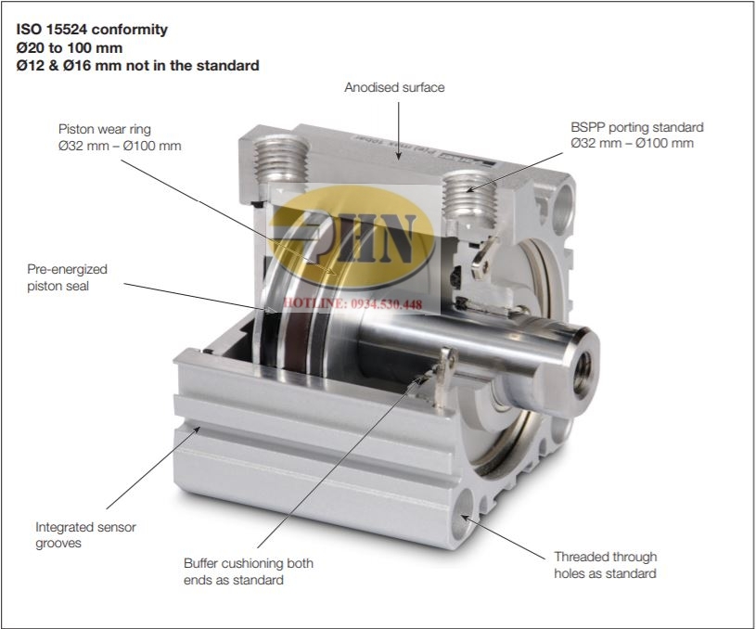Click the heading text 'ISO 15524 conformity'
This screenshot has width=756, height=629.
[92, 30]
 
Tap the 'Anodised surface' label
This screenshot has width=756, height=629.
[394, 87]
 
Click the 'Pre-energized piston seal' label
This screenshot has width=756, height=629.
[67, 277]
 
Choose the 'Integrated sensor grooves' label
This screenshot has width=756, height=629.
[85, 535]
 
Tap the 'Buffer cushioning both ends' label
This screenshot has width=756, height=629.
[249, 571]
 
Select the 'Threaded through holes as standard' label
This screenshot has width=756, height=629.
[605, 565]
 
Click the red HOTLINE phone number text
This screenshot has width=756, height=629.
[352, 304]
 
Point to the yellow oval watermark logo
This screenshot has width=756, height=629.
[352, 237]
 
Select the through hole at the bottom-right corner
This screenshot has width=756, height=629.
[463, 514]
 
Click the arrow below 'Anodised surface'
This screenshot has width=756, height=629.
[398, 131]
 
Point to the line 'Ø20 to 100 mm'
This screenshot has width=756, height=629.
[70, 47]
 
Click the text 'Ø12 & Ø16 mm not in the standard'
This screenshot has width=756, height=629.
[138, 66]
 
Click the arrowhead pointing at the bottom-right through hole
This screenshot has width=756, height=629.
[466, 518]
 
